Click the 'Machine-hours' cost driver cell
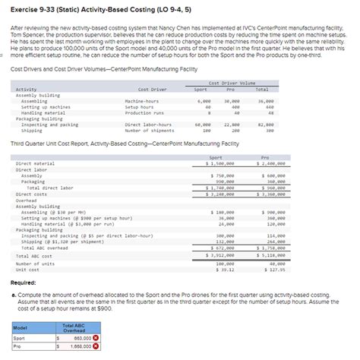pyautogui.click(x=141, y=101)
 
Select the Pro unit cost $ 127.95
pyautogui.click(x=273, y=269)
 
